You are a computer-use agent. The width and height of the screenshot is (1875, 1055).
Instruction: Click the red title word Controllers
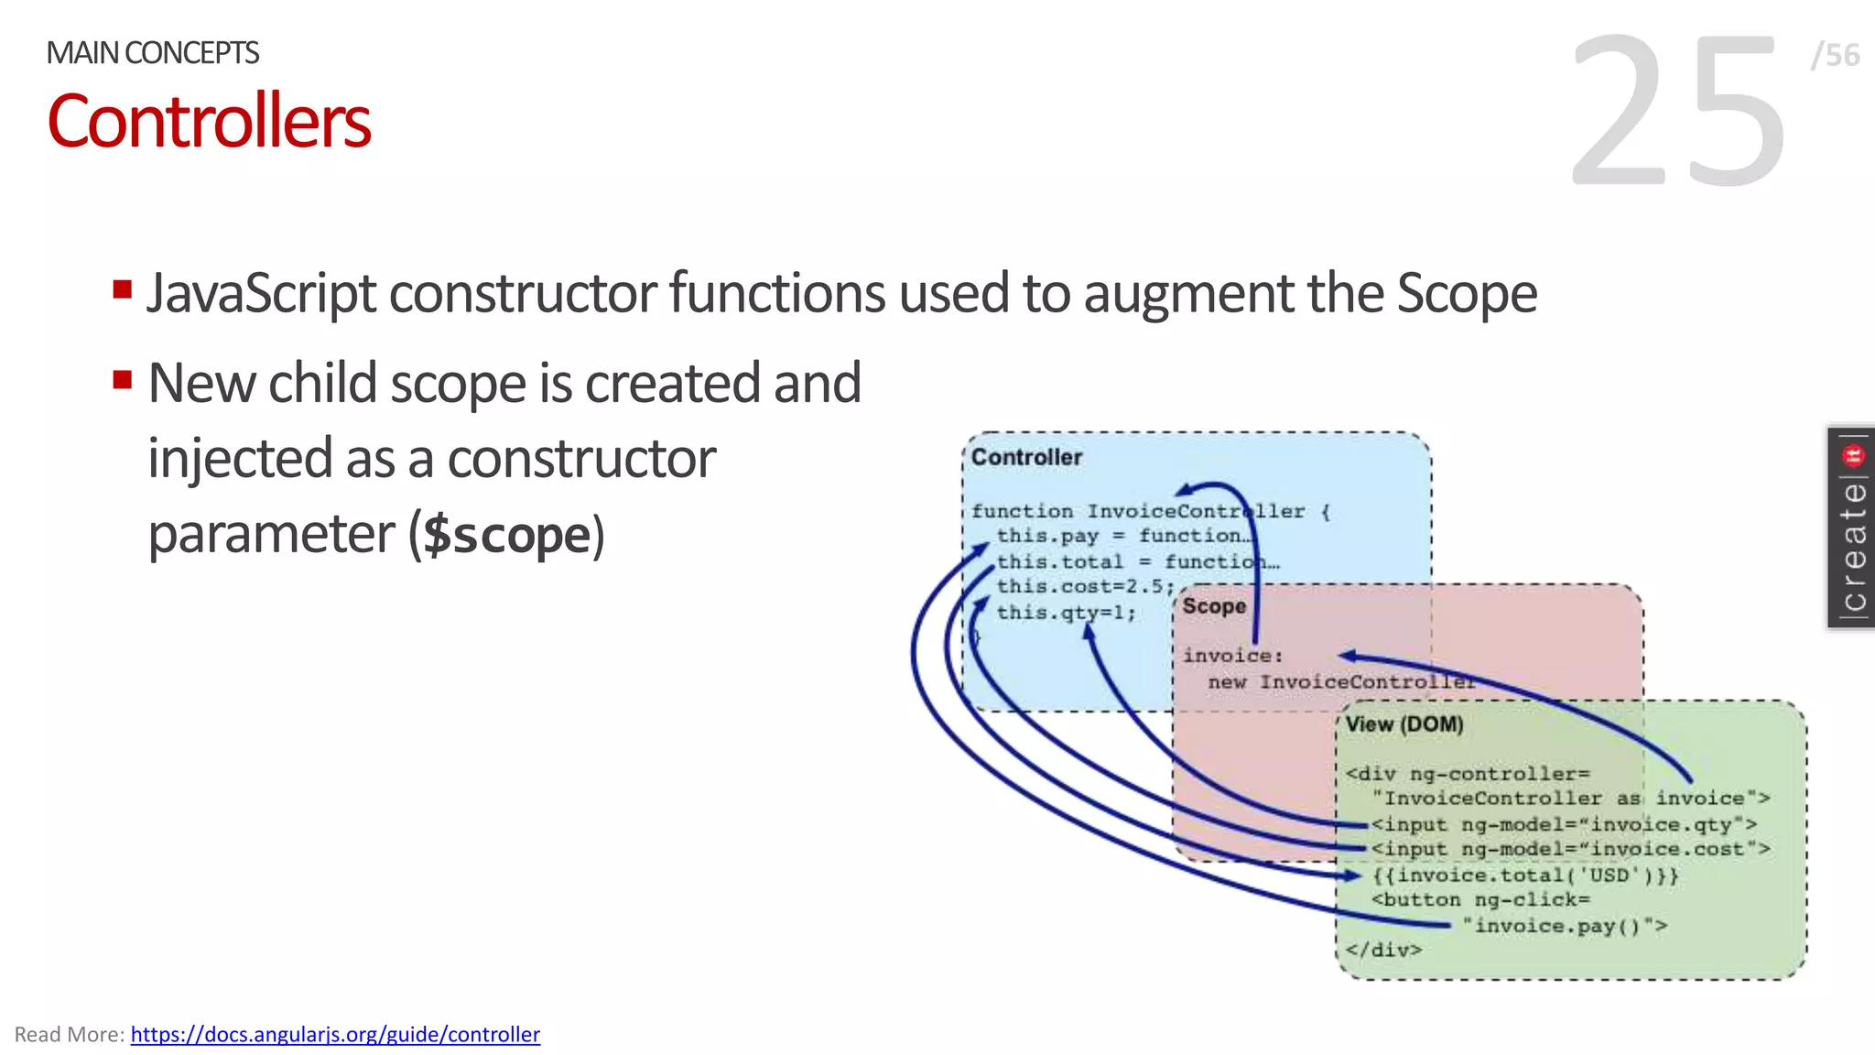[209, 122]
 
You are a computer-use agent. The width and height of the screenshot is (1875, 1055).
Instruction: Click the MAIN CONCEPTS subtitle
[153, 53]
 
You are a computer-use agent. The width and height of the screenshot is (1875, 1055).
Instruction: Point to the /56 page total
[1835, 55]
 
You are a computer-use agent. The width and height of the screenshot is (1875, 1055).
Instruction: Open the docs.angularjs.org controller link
[335, 1034]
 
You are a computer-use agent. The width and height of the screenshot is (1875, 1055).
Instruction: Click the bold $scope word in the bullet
[507, 535]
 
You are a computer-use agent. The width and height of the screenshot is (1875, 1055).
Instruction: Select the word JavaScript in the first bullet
[261, 293]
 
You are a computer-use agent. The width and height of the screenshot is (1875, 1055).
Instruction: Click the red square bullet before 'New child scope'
[122, 379]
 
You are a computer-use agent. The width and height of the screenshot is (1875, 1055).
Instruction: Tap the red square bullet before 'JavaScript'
[122, 290]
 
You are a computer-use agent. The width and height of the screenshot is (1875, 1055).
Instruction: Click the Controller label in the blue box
[1026, 457]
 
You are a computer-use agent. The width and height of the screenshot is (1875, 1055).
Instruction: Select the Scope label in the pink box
[1214, 606]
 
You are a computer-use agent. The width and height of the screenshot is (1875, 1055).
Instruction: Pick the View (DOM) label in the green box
[1404, 724]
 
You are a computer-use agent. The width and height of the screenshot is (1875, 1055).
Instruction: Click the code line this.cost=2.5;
[1085, 586]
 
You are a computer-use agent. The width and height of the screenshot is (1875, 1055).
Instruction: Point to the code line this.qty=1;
[1066, 613]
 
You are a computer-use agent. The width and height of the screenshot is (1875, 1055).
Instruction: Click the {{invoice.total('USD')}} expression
[1524, 876]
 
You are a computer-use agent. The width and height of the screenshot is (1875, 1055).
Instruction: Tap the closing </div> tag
[1383, 950]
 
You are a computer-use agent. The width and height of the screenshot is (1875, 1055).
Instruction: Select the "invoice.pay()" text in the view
[1564, 926]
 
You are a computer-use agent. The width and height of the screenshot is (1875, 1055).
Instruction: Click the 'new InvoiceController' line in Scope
[1340, 682]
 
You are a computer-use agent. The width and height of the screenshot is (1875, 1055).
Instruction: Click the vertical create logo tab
[1852, 528]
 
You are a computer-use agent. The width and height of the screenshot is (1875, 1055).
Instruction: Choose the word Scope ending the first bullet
[1467, 293]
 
